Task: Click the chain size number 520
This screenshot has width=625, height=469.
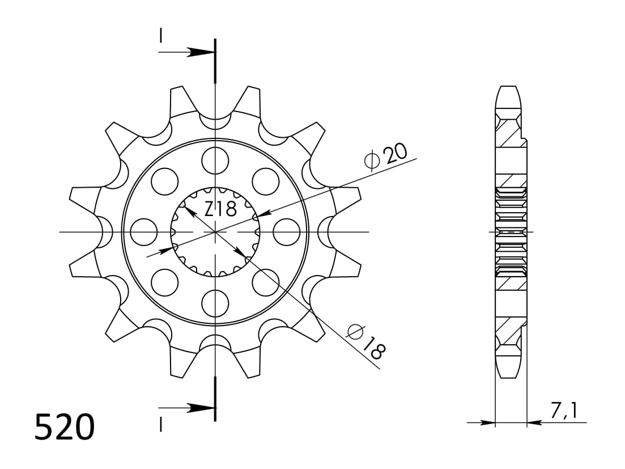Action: (64, 428)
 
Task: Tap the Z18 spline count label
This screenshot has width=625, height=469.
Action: (220, 209)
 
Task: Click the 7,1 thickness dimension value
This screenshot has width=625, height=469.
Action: (563, 409)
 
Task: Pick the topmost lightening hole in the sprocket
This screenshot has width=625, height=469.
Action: (215, 160)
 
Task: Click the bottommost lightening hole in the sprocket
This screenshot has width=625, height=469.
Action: (215, 303)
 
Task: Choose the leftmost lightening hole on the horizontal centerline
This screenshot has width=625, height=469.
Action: (144, 232)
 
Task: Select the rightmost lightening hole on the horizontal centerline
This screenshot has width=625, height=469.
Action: (287, 232)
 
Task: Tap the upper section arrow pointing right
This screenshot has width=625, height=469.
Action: (200, 52)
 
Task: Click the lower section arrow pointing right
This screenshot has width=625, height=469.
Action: (200, 408)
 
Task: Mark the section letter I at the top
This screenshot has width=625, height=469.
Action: (161, 36)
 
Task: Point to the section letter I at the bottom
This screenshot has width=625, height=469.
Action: (161, 424)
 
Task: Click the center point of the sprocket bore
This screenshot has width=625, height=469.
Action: (215, 232)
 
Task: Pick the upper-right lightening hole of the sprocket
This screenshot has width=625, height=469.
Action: (266, 181)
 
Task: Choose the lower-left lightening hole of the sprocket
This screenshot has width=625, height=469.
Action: (165, 282)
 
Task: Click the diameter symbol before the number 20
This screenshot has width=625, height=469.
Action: (372, 162)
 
